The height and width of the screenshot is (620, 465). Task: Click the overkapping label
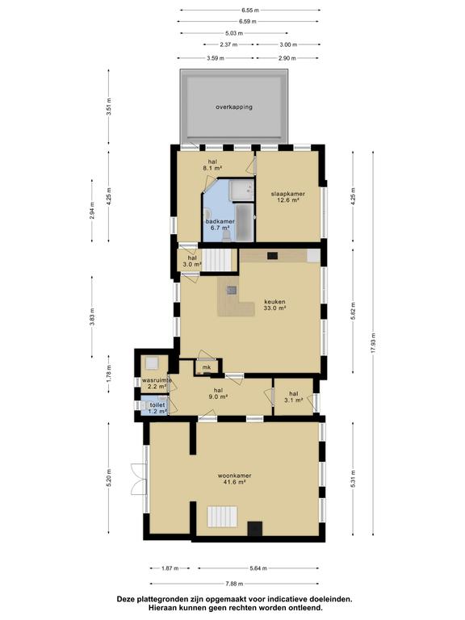coord(233,107)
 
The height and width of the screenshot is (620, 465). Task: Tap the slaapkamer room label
coord(288,196)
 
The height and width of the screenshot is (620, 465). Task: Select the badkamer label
coord(220,224)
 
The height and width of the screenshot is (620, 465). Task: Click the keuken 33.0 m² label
coord(274,304)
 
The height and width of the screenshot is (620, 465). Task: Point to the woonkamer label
coord(234,479)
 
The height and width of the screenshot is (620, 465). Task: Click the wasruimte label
coord(157,383)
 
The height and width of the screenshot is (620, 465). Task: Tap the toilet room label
coord(157,408)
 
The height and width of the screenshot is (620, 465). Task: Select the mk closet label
coord(207,367)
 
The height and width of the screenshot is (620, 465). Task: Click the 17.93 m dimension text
coord(374,344)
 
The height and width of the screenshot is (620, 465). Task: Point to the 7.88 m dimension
coord(234,583)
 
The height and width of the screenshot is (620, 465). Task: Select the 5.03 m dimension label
coord(234,33)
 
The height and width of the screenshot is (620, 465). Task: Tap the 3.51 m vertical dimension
coord(109,107)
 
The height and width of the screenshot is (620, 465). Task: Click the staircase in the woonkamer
coord(222,517)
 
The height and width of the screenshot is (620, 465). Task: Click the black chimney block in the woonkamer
coord(255,529)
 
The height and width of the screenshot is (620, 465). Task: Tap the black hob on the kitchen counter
coord(272,256)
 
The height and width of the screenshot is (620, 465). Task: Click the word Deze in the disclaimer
coord(124,599)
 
